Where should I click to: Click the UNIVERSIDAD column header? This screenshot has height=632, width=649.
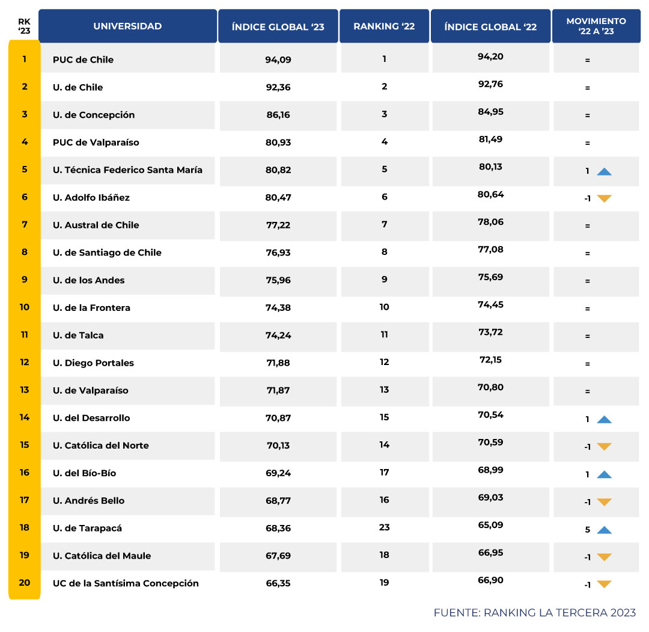click(x=127, y=26)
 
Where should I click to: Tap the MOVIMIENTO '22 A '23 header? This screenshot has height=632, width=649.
click(x=596, y=26)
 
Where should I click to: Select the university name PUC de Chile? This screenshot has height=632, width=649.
click(x=83, y=60)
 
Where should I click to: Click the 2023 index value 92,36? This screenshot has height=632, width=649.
click(x=278, y=87)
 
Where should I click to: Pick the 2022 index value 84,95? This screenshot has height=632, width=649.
click(x=490, y=111)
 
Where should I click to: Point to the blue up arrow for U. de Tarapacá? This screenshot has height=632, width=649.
click(x=604, y=530)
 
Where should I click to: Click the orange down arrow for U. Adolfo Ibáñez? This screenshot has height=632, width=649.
click(x=604, y=198)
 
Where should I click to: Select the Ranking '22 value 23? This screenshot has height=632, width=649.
click(x=385, y=527)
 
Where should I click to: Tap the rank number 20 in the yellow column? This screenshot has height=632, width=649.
click(x=25, y=582)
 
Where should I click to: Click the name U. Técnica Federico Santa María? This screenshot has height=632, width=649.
click(x=127, y=170)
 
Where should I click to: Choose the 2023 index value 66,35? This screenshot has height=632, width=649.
click(x=278, y=583)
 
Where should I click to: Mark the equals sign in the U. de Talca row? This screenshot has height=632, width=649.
click(x=587, y=336)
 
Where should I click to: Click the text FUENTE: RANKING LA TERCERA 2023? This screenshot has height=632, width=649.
click(x=534, y=613)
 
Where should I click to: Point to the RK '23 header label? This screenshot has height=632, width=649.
click(x=24, y=26)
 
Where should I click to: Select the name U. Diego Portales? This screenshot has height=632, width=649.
click(x=93, y=363)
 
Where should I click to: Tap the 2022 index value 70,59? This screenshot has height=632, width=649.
click(x=490, y=442)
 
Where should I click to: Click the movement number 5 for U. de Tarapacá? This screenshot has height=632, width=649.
click(x=587, y=530)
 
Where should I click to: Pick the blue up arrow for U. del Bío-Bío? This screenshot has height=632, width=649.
click(x=604, y=474)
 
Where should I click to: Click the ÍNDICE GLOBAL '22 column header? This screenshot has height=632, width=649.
click(x=490, y=26)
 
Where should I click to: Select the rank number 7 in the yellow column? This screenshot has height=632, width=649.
click(x=25, y=224)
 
